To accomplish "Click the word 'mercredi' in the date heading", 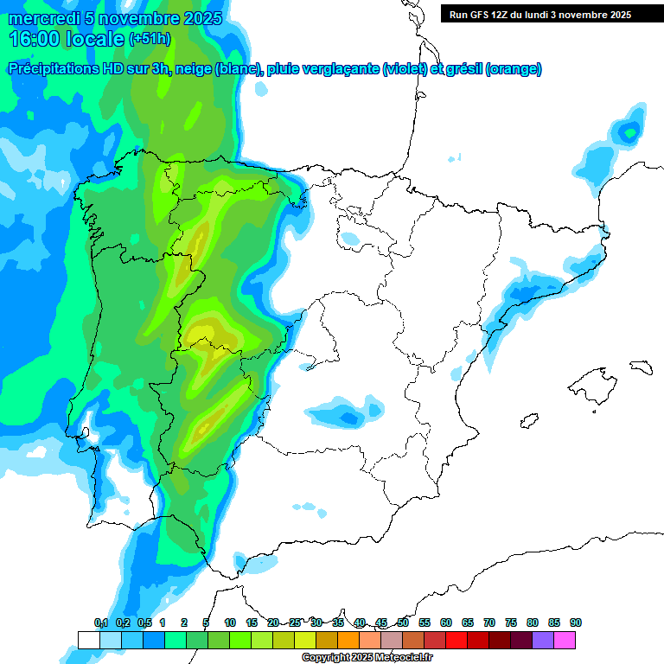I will (41, 18).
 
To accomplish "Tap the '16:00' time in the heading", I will (35, 38).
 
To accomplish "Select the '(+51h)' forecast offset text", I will (150, 39).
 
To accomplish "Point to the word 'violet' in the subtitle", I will (404, 69).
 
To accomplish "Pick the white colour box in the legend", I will (88, 640).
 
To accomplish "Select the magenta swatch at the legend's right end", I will (565, 640).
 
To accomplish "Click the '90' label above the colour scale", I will (576, 622).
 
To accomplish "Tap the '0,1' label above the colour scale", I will (100, 622).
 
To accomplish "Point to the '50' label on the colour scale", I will (403, 622).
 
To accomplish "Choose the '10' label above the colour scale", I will (230, 622).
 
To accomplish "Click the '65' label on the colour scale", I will (468, 622).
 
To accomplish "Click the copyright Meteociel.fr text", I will (367, 657).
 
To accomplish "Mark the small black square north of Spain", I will (453, 157).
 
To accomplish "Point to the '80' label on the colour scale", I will (533, 622).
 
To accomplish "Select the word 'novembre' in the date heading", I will (144, 18).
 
